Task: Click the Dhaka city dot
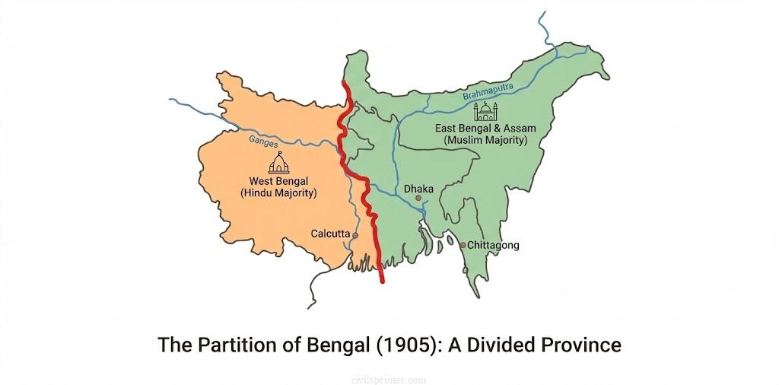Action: (418, 198)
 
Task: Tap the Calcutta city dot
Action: (355, 236)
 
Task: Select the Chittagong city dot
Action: (463, 245)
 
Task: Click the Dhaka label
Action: (419, 187)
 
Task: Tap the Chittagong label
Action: (493, 245)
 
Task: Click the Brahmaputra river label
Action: (488, 92)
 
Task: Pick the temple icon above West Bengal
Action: (279, 163)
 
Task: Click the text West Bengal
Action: (279, 181)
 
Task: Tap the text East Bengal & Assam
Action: (485, 129)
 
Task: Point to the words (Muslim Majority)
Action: (485, 141)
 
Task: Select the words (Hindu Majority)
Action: (278, 193)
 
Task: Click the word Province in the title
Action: (583, 345)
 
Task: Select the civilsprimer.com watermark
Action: (389, 377)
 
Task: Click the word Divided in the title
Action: (505, 345)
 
